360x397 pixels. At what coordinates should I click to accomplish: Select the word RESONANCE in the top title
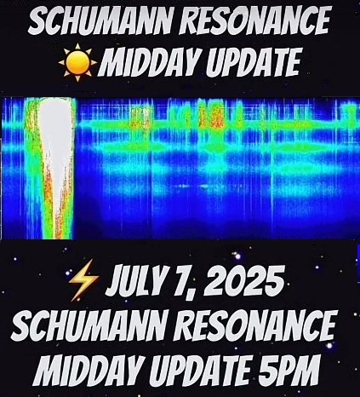(x=254, y=20)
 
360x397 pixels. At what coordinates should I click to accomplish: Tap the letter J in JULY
(x=113, y=280)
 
